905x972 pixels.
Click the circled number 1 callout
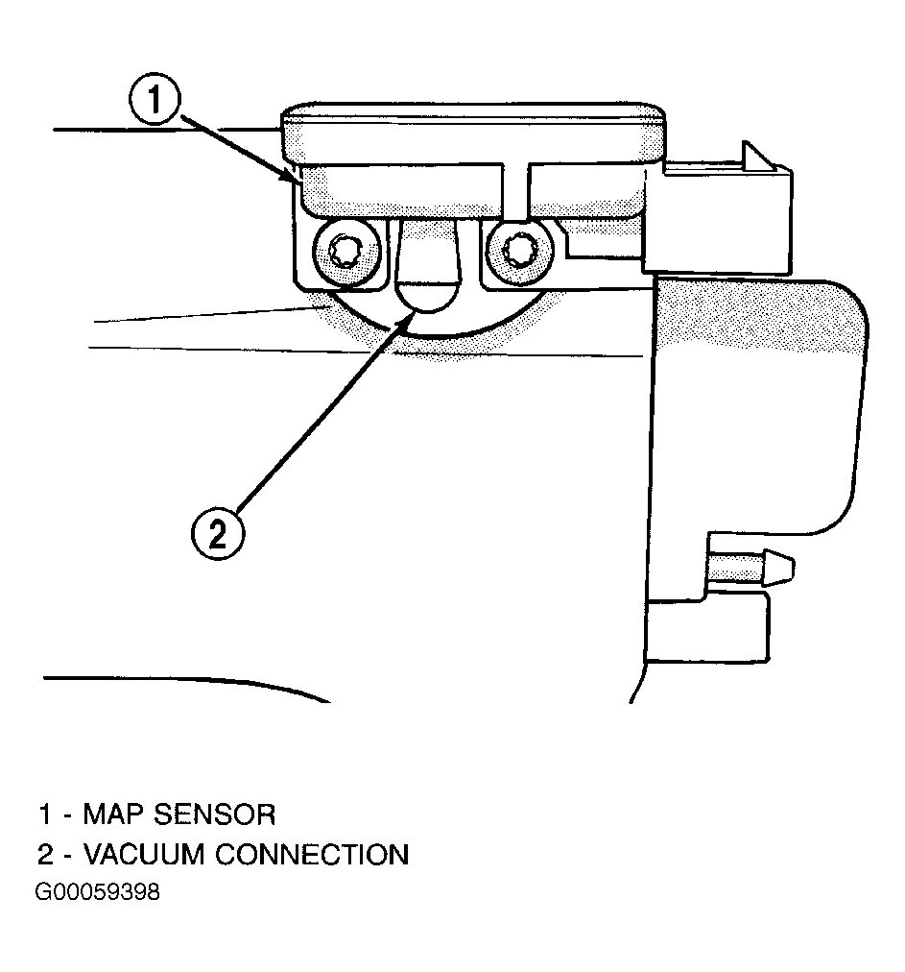(x=155, y=100)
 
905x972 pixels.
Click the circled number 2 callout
(x=218, y=534)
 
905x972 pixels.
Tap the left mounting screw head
(x=346, y=253)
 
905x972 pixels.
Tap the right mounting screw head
(x=519, y=253)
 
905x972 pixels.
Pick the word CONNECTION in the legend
(x=312, y=854)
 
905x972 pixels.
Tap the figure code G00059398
(x=98, y=892)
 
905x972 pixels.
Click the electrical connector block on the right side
(x=719, y=219)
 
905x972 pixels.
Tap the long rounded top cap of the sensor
(x=474, y=134)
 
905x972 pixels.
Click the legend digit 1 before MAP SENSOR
(x=44, y=814)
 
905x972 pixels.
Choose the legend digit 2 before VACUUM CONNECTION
(x=46, y=854)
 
